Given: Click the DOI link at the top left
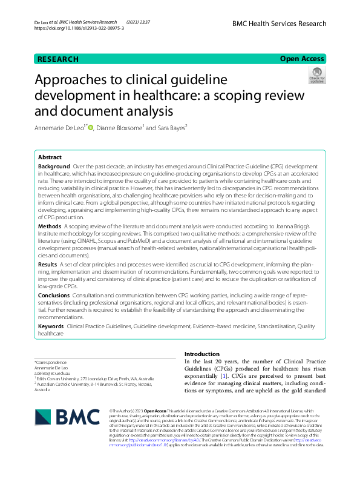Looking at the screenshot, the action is point(80,28).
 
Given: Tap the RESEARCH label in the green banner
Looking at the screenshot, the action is point(58,59).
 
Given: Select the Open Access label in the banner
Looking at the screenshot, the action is point(303,59).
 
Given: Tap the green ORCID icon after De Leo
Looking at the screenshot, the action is point(91,128).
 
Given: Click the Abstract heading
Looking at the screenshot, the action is point(50,156).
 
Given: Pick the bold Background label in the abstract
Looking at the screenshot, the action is point(54,166).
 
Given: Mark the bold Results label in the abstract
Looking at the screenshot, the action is point(48,265).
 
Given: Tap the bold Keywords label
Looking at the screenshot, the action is point(51,326).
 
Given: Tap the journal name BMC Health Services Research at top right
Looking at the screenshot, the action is point(279,24).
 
